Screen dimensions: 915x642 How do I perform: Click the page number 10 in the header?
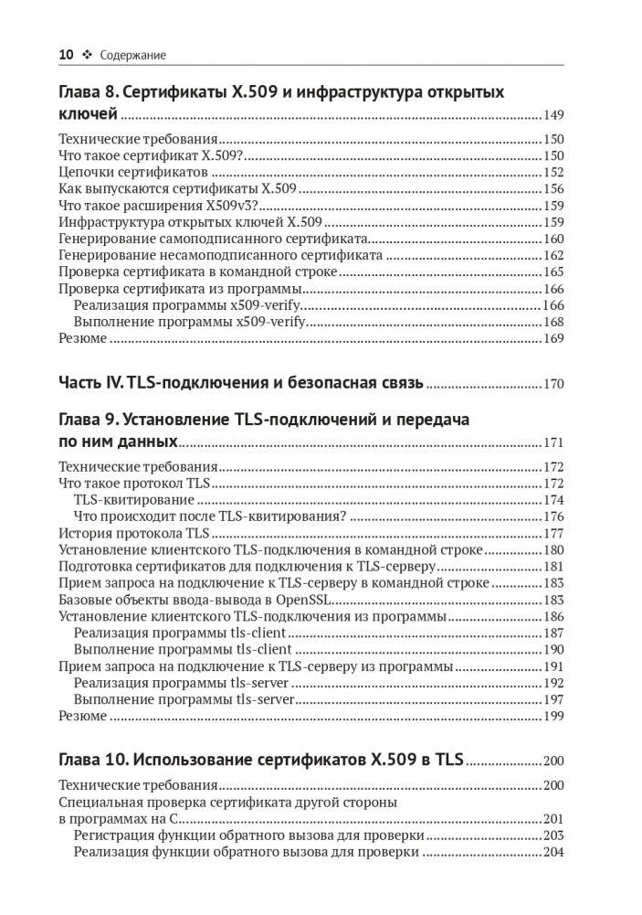pos(65,56)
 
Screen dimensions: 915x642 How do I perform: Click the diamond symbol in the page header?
pos(88,56)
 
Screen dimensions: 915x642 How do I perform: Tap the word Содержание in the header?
pos(133,56)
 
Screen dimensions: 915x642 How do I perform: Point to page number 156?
pos(553,189)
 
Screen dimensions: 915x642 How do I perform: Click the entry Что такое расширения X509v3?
pos(142,206)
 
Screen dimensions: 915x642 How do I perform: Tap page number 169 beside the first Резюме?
pos(553,338)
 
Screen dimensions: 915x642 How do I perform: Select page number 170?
pos(553,384)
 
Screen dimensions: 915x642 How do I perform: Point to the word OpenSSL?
pos(309,600)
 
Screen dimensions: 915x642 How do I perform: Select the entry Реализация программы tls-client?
pos(181,633)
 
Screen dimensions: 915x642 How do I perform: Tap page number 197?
pos(553,699)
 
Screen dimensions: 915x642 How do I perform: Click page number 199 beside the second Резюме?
pos(553,716)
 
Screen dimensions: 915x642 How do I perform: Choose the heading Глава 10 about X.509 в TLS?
pos(261,760)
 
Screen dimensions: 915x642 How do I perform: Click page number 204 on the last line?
pos(553,853)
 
